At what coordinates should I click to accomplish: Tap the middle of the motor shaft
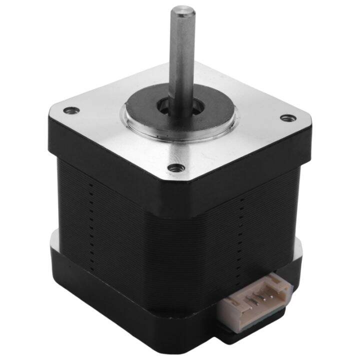pyautogui.click(x=181, y=55)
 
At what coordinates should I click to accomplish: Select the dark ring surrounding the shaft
pyautogui.click(x=150, y=107)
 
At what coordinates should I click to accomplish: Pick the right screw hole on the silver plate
pyautogui.click(x=287, y=118)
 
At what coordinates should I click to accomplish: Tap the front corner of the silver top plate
pyautogui.click(x=175, y=182)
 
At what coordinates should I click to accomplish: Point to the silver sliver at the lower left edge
pyautogui.click(x=53, y=240)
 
